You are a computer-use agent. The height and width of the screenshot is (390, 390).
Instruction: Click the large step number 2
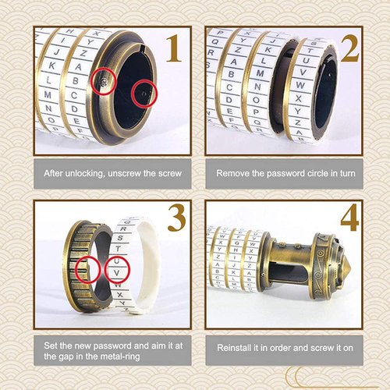tap(348, 49)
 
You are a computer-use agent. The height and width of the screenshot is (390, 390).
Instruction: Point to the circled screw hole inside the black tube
tap(142, 94)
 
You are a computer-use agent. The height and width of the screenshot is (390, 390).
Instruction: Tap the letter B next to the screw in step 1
tap(76, 80)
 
